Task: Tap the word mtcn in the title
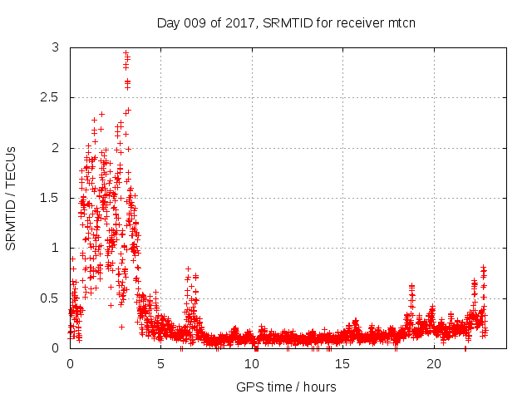[401, 22]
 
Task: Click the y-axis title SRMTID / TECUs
[12, 198]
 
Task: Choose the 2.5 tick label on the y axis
[52, 98]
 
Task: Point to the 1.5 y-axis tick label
[52, 198]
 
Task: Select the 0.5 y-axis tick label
[52, 298]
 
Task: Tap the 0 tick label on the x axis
[70, 364]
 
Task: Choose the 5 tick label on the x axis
[161, 364]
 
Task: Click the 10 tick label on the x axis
[252, 364]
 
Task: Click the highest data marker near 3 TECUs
[126, 53]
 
